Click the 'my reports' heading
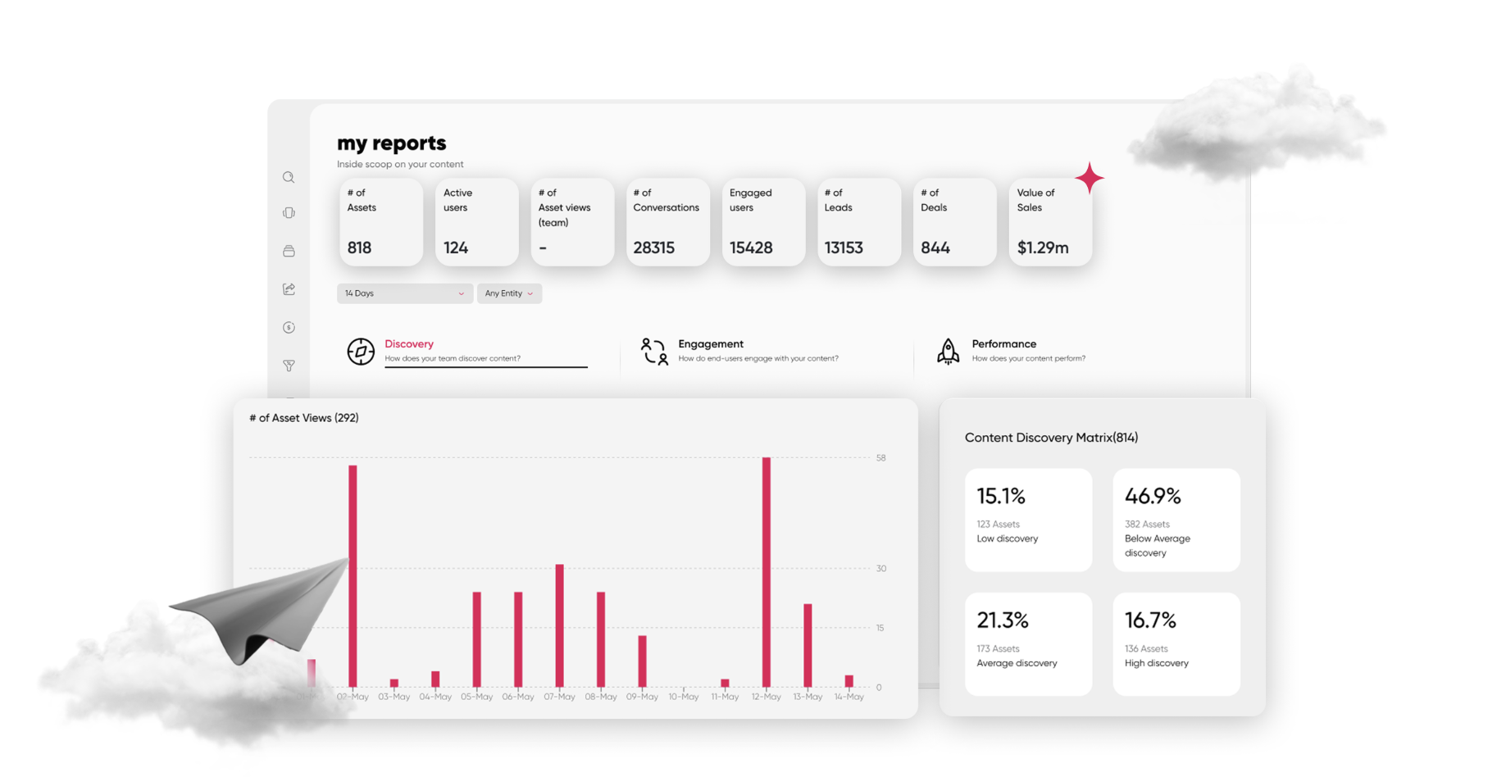tap(391, 143)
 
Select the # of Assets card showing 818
tap(380, 222)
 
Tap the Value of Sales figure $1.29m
tap(1042, 248)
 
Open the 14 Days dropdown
tap(404, 293)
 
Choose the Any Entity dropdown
tap(508, 293)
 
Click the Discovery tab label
tap(408, 344)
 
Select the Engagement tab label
tap(710, 344)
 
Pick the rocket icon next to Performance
tap(948, 351)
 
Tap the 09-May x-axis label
tap(642, 697)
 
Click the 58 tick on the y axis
tap(880, 458)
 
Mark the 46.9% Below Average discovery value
tap(1152, 496)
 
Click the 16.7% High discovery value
tap(1149, 620)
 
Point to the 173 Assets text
tap(998, 648)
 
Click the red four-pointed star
tap(1089, 177)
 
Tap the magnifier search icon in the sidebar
tap(289, 177)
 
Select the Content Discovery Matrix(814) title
tap(1050, 438)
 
